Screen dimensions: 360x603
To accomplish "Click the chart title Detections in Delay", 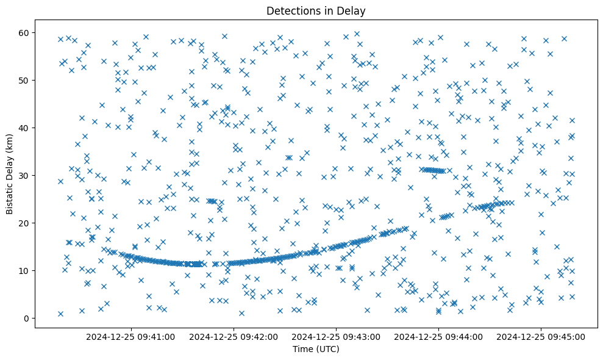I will click(316, 10).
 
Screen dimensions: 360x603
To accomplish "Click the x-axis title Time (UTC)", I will click(316, 349).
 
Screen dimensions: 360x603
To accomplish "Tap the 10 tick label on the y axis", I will click(23, 270).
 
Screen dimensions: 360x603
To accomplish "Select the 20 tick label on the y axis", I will click(23, 223).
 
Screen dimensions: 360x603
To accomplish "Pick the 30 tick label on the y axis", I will click(23, 175).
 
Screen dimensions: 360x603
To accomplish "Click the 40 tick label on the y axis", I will click(23, 128).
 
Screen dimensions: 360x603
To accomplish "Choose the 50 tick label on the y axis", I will click(23, 80).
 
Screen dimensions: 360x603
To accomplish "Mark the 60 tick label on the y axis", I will click(23, 32).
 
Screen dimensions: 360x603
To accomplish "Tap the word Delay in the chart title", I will click(353, 10).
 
